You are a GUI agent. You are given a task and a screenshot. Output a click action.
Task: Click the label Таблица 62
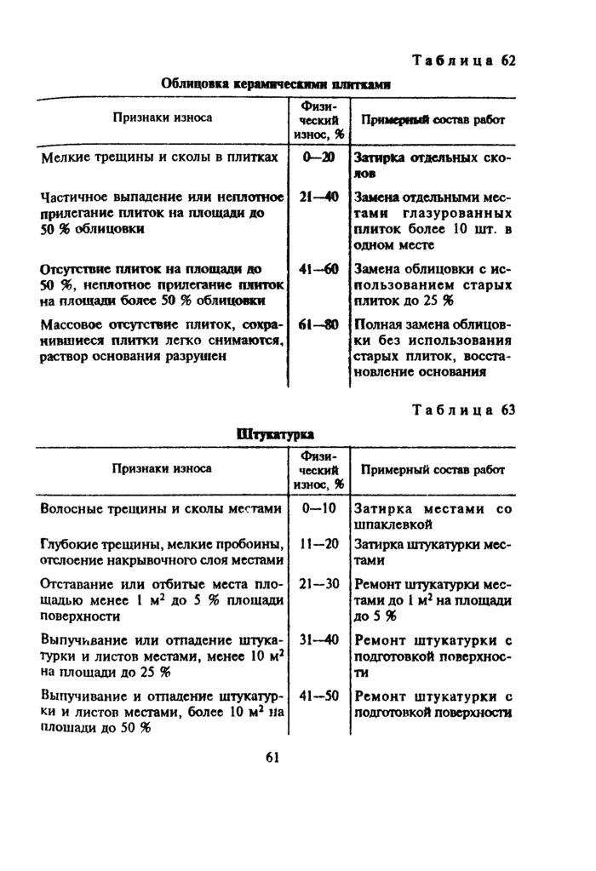pos(465,60)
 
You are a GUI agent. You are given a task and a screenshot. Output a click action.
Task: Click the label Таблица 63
pos(465,410)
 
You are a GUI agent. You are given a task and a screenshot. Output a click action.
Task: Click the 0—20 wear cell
pos(318,158)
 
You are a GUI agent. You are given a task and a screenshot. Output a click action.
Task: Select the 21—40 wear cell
pos(318,198)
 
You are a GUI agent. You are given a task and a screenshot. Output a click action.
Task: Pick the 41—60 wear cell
pos(318,270)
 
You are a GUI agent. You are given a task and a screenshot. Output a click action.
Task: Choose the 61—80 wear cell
pos(318,324)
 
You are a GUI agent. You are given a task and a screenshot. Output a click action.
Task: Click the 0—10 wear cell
pos(318,508)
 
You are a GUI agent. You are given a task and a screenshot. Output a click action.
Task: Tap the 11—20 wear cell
pos(318,544)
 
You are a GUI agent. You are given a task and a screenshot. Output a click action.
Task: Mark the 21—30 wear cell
pos(318,584)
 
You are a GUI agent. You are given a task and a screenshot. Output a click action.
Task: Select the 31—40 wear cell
pos(318,639)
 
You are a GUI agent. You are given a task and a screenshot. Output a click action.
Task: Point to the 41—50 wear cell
pos(318,695)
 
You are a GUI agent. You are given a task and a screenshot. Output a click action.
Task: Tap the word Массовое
pos(72,324)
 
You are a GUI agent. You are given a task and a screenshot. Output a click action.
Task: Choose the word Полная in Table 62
pos(377,324)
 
